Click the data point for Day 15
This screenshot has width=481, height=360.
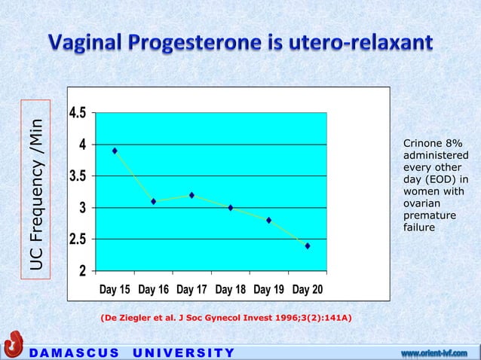pos(115,151)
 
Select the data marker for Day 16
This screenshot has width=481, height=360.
pos(153,201)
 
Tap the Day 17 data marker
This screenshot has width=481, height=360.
pos(191,195)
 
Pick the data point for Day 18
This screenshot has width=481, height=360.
pos(231,208)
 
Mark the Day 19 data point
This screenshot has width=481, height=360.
pos(269,220)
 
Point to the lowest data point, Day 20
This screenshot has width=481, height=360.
pos(308,246)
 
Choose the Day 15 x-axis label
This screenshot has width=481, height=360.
pos(115,289)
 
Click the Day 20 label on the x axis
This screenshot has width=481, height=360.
pos(308,289)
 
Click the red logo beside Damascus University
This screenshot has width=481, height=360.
pos(13,346)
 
